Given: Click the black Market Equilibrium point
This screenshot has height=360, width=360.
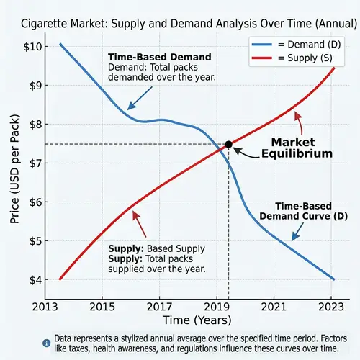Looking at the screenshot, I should (x=228, y=144).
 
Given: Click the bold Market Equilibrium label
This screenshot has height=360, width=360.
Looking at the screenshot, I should (x=297, y=148).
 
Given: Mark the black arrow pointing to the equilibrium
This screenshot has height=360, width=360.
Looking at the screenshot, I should (x=248, y=152).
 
